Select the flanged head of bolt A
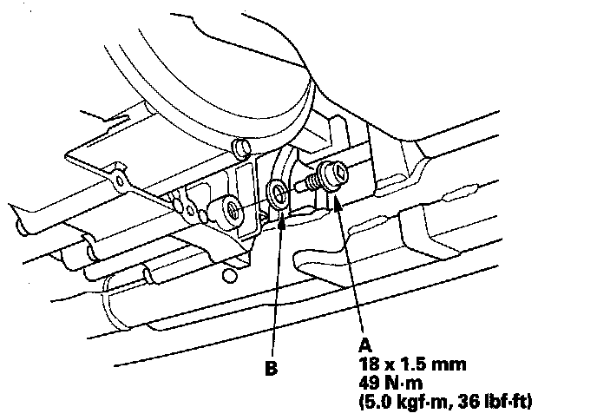pyautogui.click(x=332, y=175)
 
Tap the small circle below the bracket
pyautogui.click(x=228, y=276)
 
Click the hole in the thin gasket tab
pyautogui.click(x=115, y=183)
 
